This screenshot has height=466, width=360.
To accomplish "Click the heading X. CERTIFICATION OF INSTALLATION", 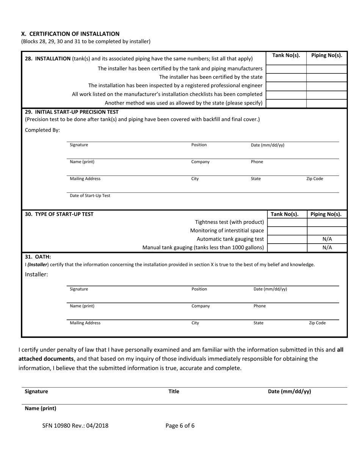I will (70, 34).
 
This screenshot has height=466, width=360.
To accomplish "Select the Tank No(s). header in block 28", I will (286, 55).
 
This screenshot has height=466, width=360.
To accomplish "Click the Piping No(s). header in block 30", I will (326, 214).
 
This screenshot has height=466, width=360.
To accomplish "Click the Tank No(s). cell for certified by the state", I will (286, 77).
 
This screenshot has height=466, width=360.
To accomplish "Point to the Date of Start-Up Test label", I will (90, 196).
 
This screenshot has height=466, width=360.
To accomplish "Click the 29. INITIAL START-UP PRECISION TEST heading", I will (72, 112).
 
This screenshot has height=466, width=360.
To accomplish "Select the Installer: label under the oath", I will (36, 274).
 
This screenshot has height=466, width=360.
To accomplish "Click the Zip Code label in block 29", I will (315, 179).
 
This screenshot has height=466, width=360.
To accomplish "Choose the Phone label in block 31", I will (260, 306).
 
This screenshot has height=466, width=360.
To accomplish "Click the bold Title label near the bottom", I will (174, 392).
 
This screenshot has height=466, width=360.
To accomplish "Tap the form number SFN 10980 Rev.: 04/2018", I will (75, 425).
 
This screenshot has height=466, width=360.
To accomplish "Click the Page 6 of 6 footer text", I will (180, 425).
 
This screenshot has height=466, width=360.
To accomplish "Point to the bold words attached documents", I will (46, 358).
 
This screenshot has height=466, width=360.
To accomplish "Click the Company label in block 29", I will (200, 162).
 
